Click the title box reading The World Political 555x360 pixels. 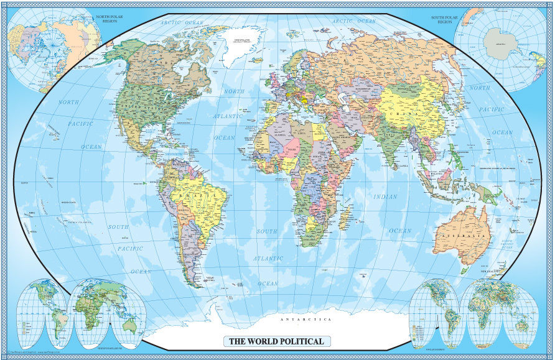click(x=276, y=341)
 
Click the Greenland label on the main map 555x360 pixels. click(x=237, y=40)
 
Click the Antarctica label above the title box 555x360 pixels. click(x=306, y=319)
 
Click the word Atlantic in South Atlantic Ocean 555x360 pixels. click(x=268, y=257)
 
